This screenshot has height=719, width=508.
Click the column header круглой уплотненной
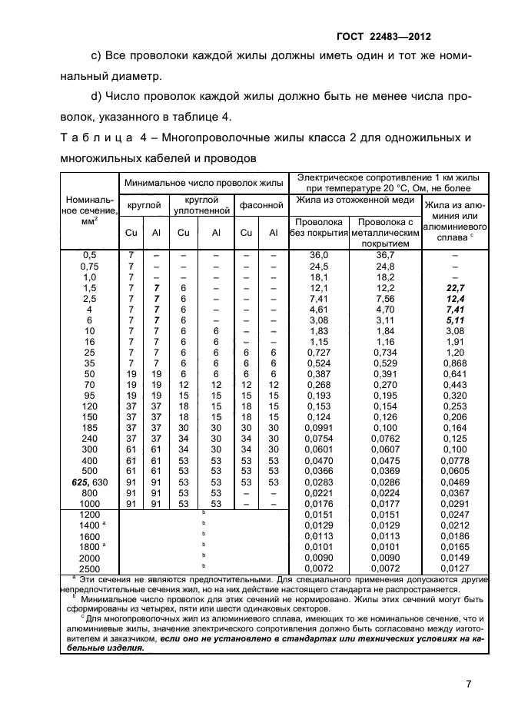[202, 204]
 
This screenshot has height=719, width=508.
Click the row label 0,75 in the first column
[89, 266]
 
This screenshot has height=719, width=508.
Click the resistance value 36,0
[318, 255]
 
